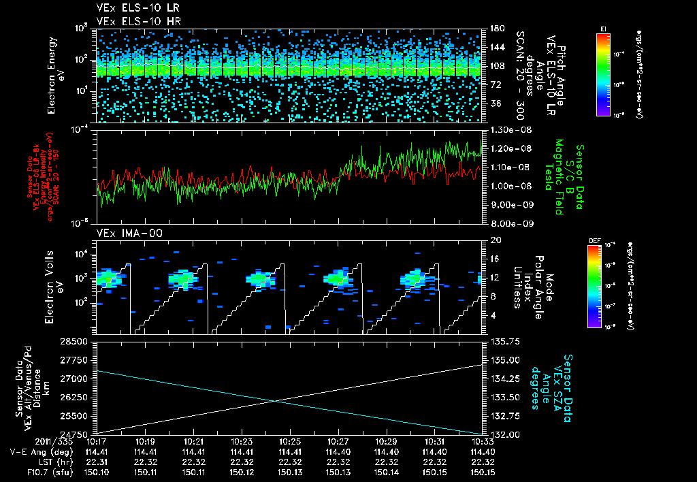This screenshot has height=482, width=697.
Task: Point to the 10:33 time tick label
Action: tap(482, 442)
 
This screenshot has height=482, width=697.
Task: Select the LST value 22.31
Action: tap(99, 461)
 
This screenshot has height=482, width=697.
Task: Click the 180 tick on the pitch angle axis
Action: tap(494, 29)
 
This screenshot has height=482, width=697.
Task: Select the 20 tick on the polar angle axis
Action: tap(493, 240)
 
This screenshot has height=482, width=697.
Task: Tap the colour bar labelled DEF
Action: tap(594, 286)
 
